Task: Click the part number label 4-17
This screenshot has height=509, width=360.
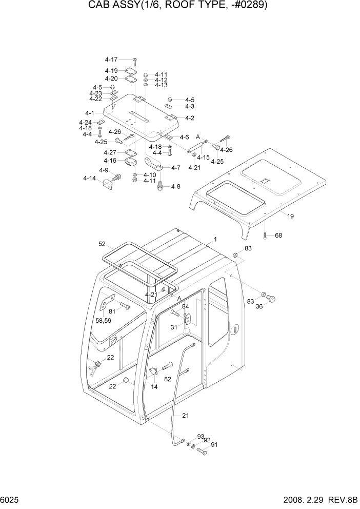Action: click(x=111, y=60)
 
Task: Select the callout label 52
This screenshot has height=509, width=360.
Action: click(x=103, y=244)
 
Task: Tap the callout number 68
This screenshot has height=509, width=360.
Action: click(x=278, y=236)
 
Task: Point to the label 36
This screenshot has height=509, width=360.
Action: click(x=259, y=306)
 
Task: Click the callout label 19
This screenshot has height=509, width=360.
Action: click(x=290, y=217)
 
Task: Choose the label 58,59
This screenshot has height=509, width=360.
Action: click(x=105, y=320)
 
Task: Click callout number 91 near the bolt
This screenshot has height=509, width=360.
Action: click(x=214, y=444)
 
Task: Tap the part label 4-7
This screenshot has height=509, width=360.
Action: click(x=176, y=168)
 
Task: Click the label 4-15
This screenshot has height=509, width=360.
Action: click(x=204, y=157)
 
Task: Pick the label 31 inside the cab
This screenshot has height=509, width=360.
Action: click(x=174, y=327)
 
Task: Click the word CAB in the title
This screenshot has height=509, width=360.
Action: click(x=101, y=6)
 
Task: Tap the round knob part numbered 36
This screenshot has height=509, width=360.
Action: click(x=272, y=298)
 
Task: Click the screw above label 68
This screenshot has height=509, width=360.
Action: click(x=265, y=234)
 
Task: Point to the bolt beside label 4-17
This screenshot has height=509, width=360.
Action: click(x=134, y=61)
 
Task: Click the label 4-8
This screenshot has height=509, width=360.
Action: click(x=176, y=186)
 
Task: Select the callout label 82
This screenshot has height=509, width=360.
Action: click(x=167, y=379)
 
